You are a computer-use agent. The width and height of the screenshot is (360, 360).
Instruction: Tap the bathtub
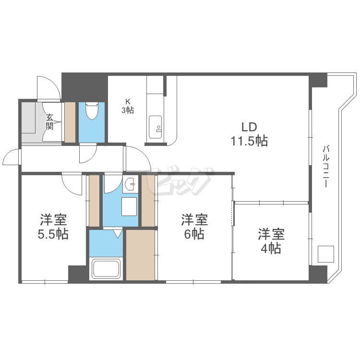pos(106,268)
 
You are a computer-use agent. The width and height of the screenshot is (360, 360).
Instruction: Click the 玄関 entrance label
pos(49,121)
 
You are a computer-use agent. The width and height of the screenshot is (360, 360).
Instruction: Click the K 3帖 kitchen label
pos(127,106)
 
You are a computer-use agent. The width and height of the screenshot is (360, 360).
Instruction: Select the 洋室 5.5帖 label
pos(53,227)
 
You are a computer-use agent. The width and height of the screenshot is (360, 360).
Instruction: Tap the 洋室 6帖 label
pos(194,227)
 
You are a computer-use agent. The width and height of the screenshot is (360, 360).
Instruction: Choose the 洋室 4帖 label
pos(271,241)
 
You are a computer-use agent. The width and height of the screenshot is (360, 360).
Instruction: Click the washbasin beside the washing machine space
pos(130,185)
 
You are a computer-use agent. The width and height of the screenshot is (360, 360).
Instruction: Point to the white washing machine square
pos(130,206)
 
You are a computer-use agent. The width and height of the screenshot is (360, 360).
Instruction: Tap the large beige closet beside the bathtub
pos(141,254)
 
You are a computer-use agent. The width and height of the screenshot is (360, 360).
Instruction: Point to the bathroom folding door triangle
pos(117,234)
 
